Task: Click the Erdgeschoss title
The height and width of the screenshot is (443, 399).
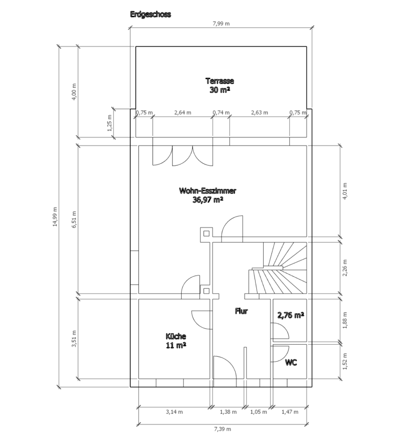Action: (150, 15)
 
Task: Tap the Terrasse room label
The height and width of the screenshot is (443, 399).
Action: (220, 81)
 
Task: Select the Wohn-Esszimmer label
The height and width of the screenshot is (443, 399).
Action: (207, 190)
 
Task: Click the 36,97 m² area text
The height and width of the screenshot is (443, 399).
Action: (207, 200)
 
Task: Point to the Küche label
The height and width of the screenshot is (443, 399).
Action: (176, 336)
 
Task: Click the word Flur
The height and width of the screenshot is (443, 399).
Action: (241, 311)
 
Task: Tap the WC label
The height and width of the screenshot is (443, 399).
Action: (291, 362)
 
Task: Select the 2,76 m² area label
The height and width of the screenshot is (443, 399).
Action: (291, 315)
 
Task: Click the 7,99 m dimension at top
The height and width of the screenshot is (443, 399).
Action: (221, 23)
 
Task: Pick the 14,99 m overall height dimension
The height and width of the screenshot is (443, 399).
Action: (55, 217)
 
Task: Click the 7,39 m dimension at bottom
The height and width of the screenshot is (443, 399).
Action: (222, 429)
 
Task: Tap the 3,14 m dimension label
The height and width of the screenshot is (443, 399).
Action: (174, 412)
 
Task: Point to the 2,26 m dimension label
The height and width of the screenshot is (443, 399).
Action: (345, 268)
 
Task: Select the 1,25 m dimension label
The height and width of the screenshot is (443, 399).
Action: (110, 123)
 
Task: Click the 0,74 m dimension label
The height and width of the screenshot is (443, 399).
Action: (221, 113)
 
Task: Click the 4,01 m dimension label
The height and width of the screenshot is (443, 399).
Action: (345, 191)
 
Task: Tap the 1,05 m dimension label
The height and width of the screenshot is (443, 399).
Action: (258, 412)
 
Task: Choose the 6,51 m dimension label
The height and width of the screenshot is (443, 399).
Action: (74, 220)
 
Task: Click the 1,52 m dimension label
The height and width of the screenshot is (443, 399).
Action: (345, 361)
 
